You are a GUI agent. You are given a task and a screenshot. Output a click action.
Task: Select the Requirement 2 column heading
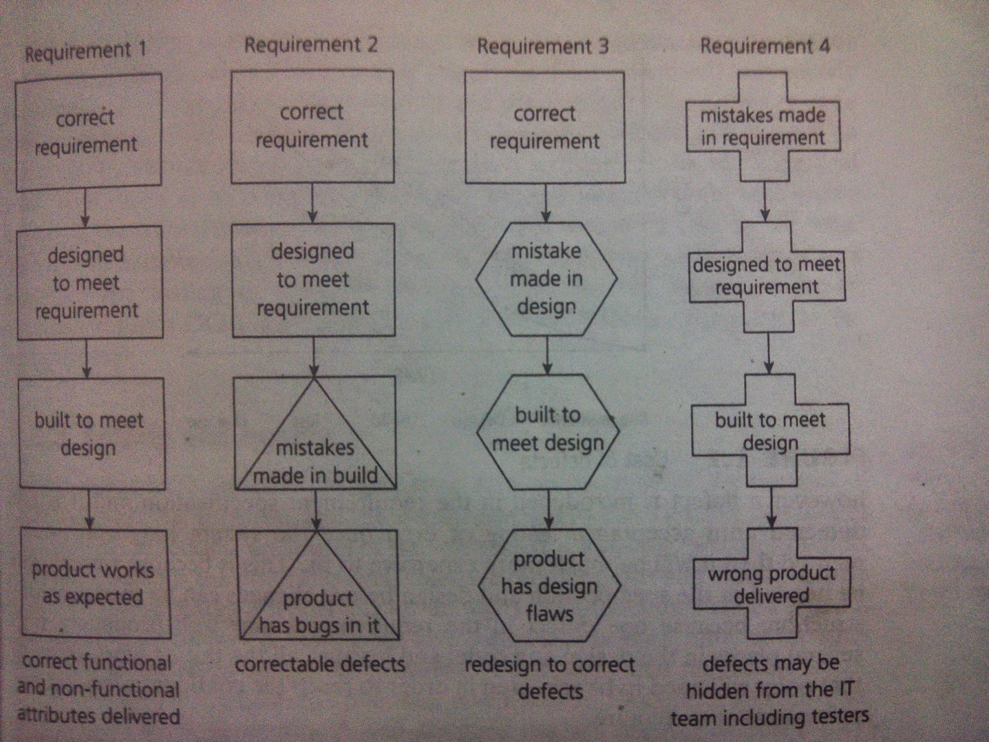310,45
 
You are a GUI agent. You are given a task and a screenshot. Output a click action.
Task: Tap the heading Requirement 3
542,46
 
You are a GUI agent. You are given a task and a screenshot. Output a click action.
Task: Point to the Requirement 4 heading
765,46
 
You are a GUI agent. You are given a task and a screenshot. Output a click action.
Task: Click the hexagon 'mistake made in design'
546,279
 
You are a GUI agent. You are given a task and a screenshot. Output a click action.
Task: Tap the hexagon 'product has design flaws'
549,586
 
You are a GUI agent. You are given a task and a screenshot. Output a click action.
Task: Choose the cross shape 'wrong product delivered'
771,584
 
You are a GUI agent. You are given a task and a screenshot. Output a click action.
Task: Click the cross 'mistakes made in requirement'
763,127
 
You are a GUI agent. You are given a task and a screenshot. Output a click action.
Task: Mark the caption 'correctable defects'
320,665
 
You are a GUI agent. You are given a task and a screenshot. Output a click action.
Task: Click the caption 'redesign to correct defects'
550,678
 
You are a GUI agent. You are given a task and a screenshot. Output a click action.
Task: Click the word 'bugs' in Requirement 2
317,626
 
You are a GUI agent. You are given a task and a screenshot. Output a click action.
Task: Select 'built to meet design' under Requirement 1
89,434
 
